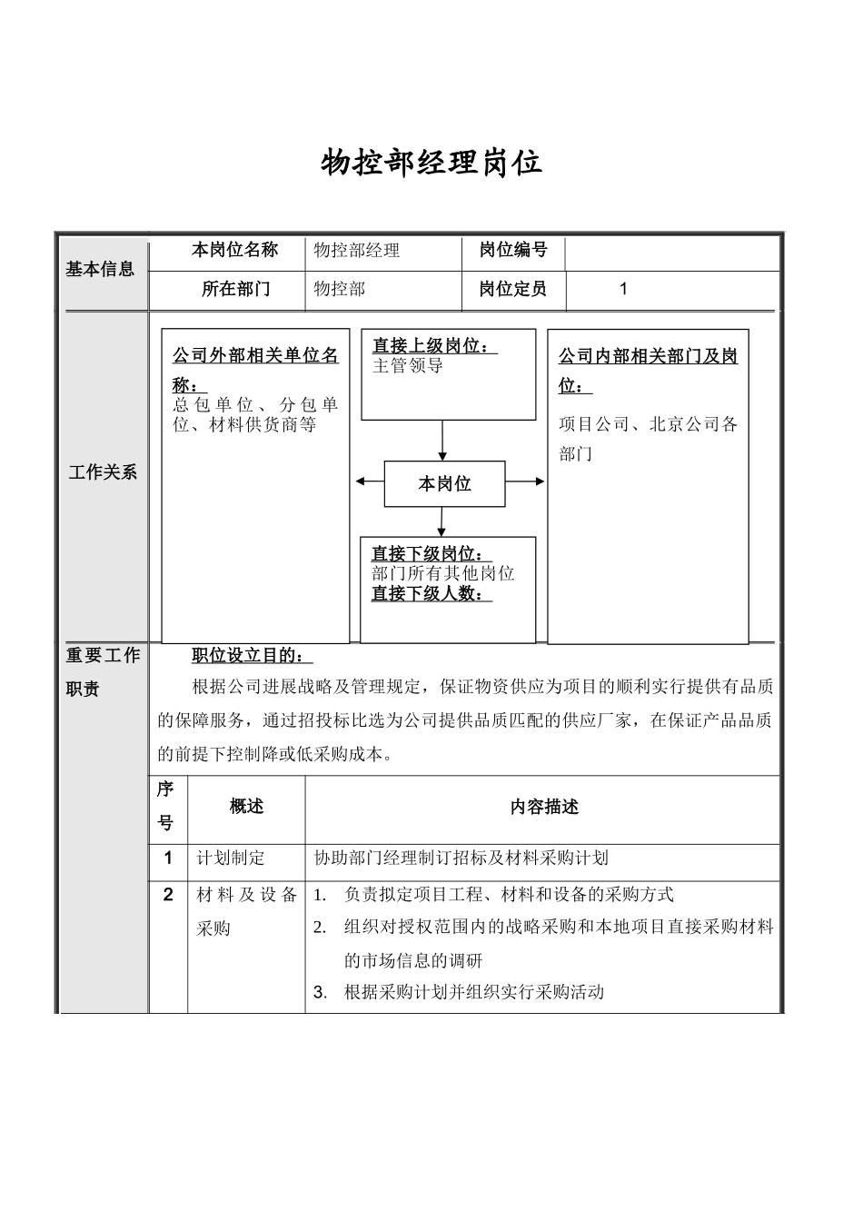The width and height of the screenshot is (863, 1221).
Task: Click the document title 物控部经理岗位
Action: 431,164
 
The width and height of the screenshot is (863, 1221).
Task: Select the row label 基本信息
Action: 100,269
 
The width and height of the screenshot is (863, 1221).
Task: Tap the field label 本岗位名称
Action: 234,250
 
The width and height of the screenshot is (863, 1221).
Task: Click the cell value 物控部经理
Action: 357,251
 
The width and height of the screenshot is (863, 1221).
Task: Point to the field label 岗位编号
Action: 513,250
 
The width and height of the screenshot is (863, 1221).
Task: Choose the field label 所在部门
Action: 235,290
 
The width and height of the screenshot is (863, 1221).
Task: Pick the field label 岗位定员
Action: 513,290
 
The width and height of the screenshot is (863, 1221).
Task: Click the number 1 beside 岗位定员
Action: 623,290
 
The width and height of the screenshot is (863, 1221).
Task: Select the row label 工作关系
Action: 103,472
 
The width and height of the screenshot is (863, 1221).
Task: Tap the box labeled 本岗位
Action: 444,484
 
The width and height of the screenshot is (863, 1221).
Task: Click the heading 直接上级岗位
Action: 434,346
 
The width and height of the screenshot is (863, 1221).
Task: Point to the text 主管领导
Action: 408,366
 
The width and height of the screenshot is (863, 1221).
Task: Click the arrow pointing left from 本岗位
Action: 369,482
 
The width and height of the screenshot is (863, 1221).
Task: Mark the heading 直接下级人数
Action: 431,594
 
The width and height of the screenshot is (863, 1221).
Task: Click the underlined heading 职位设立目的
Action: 253,656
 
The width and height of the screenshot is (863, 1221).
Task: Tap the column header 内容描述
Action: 543,807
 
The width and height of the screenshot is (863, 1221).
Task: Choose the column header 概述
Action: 246,806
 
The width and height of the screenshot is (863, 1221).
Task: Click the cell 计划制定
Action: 231,858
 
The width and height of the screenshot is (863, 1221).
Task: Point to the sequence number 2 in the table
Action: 168,895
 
